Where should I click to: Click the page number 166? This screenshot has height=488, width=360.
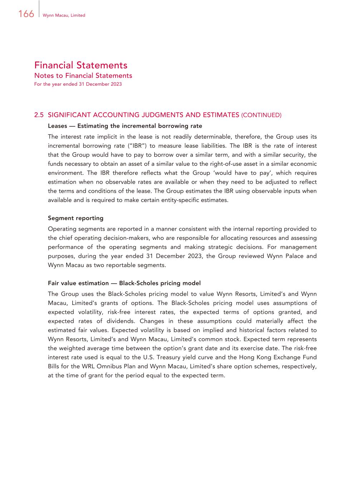[x=26, y=14]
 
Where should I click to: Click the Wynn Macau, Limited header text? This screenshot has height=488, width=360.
[x=64, y=15]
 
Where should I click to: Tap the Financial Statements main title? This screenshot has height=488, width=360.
[x=81, y=65]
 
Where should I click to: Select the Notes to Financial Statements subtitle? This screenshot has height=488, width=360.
[x=83, y=75]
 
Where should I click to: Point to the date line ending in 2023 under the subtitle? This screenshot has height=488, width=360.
[x=78, y=84]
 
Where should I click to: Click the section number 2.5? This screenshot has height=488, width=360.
[x=39, y=115]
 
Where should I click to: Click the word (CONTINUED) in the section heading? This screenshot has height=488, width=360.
[x=261, y=115]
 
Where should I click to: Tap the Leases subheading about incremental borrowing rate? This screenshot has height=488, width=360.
[x=125, y=126]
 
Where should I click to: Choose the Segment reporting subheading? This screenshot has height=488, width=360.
[x=76, y=218]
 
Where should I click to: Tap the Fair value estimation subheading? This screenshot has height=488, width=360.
[x=124, y=283]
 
